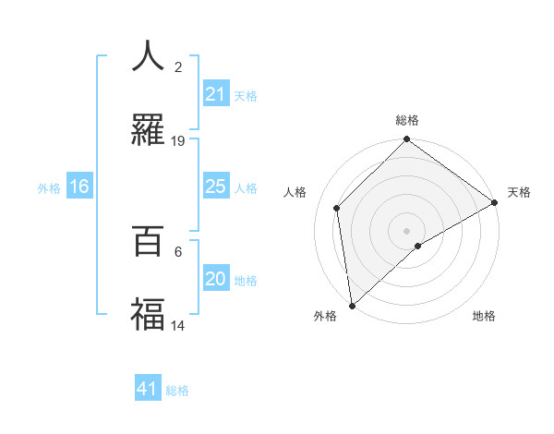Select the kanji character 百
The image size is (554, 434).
[148, 241]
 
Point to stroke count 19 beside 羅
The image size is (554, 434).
[178, 141]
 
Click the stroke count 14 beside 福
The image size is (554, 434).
[178, 326]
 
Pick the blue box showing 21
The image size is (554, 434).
[215, 94]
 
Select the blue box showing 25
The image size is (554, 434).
[215, 187]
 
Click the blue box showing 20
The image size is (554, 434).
[215, 279]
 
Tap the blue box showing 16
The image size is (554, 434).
[79, 187]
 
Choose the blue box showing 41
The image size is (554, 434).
[148, 389]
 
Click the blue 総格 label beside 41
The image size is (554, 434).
[177, 391]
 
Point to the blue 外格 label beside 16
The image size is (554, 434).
[49, 188]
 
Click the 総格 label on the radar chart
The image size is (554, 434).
[406, 120]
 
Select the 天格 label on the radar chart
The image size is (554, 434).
[519, 192]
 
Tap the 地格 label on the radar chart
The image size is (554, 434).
[484, 316]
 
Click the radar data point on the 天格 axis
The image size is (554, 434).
[494, 203]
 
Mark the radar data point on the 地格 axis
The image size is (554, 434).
[418, 246]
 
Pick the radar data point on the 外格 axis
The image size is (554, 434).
[352, 305]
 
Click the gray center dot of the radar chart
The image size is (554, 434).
[406, 230]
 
